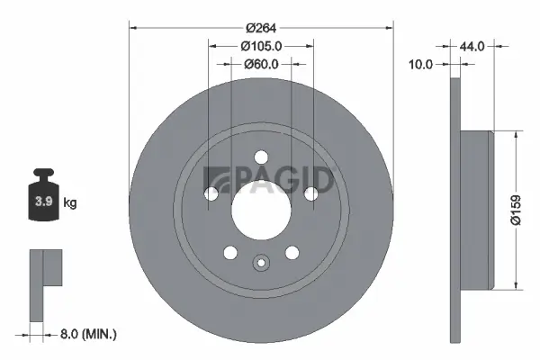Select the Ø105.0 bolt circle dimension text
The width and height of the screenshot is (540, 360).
(261, 47)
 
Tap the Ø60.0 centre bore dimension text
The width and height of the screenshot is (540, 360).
(261, 64)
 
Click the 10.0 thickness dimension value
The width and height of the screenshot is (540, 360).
(421, 64)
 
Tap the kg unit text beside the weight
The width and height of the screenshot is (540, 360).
(70, 203)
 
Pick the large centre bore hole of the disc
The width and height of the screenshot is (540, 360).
(261, 209)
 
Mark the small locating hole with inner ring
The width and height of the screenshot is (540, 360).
(261, 264)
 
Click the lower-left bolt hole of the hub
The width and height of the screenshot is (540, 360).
(229, 253)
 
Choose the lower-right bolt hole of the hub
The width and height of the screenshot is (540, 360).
(292, 253)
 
